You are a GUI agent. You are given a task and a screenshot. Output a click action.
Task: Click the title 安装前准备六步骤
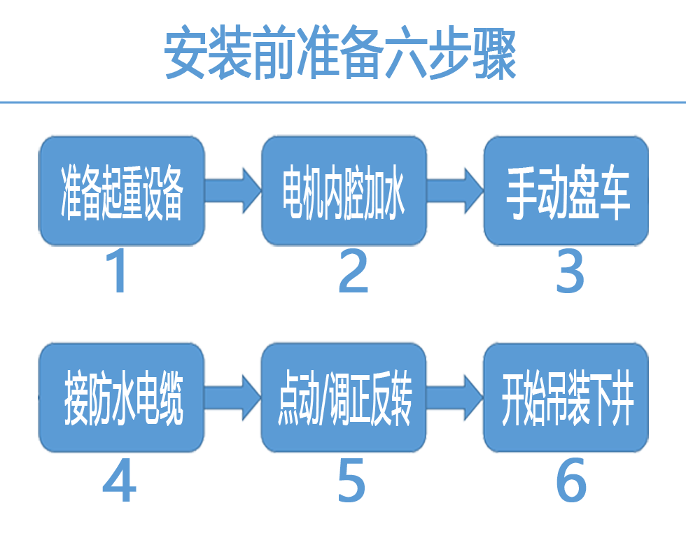[340, 52]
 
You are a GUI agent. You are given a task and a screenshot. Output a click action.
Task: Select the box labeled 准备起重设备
[122, 191]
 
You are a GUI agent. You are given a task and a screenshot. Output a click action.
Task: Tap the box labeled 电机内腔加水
[344, 191]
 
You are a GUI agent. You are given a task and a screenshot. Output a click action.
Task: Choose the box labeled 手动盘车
[566, 191]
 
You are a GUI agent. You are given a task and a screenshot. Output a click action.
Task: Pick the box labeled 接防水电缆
[122, 397]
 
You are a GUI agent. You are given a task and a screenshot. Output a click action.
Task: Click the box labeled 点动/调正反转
[344, 397]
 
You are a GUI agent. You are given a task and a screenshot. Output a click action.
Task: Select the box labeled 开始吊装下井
[566, 397]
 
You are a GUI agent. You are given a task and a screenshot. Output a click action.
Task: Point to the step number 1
[116, 271]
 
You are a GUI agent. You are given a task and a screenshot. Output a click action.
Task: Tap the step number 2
[353, 271]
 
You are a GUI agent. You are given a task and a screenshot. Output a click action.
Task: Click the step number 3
[570, 271]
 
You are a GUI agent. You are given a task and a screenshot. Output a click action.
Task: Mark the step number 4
[119, 480]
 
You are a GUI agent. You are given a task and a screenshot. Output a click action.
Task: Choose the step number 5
[351, 480]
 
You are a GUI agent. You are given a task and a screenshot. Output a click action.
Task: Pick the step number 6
[571, 480]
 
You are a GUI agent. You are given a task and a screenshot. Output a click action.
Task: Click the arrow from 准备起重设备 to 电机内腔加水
[233, 191]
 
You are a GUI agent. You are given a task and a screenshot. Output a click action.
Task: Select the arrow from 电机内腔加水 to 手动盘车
[455, 191]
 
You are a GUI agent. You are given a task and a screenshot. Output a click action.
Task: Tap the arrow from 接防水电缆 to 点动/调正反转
[233, 397]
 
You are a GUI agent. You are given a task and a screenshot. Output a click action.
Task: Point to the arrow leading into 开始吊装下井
[455, 397]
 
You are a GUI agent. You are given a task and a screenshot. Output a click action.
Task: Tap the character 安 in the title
[185, 52]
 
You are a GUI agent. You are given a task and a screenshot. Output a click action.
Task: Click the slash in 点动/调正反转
[324, 399]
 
